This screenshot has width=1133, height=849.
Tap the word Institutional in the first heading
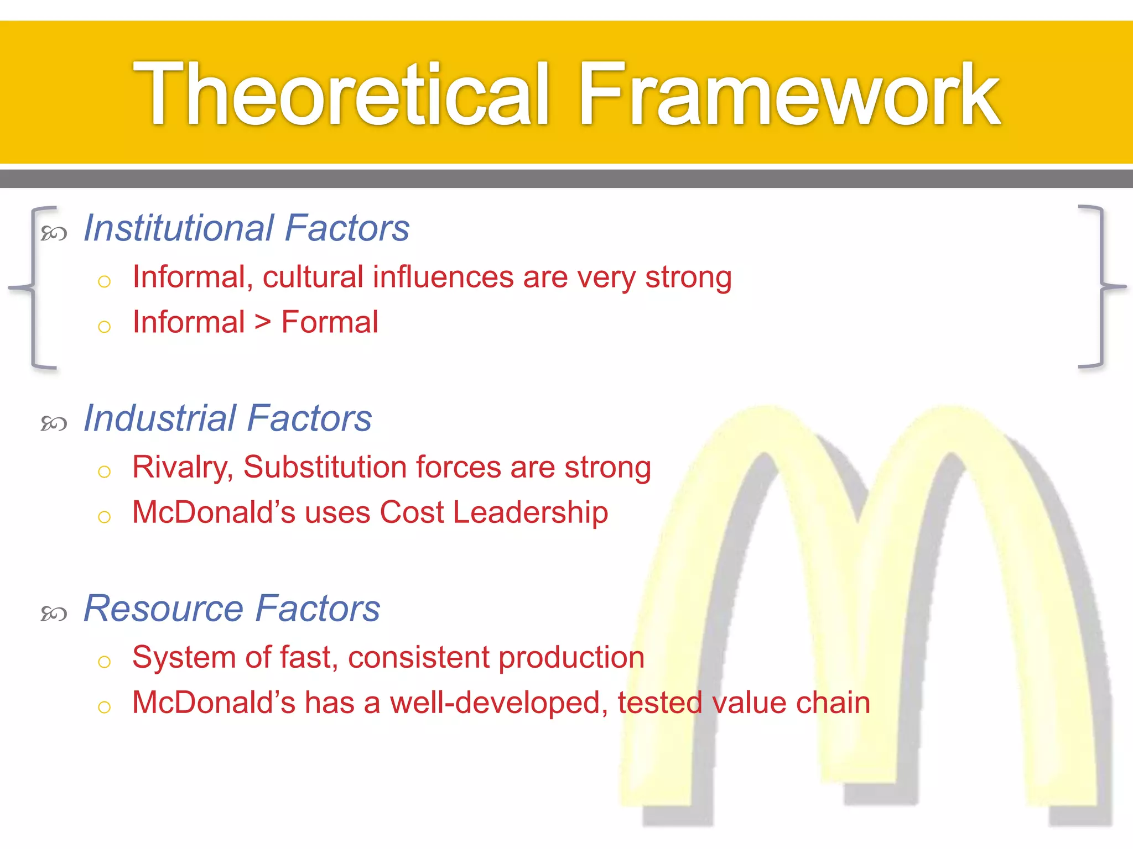pyautogui.click(x=178, y=228)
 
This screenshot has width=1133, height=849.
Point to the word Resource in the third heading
pyautogui.click(x=163, y=608)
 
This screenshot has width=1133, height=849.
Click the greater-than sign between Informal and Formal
pyautogui.click(x=263, y=322)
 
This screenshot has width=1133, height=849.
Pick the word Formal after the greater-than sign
pyautogui.click(x=330, y=322)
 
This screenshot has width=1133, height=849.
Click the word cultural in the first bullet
pyautogui.click(x=313, y=277)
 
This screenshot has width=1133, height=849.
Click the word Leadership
pyautogui.click(x=531, y=512)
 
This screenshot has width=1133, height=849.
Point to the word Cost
pyautogui.click(x=412, y=512)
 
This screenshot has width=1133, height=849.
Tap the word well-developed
pyautogui.click(x=495, y=703)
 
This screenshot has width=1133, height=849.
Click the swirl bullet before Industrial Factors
pyautogui.click(x=54, y=424)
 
